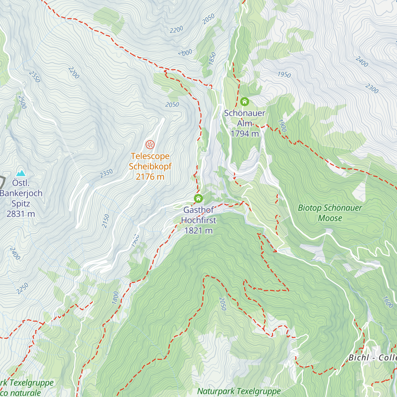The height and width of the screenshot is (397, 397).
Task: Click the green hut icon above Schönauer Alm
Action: coord(244,101)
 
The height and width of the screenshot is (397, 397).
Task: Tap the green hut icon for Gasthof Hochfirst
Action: coord(198,198)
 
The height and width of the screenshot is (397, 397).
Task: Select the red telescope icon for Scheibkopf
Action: coord(150,145)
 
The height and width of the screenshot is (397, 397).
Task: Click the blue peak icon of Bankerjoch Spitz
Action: coord(21,173)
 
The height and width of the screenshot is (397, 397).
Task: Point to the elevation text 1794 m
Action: coord(245,134)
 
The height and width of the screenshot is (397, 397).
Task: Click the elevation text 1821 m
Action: coord(198,231)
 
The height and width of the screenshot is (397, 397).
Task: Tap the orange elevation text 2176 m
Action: coord(150,177)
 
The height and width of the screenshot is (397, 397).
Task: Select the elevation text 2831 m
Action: coord(21,214)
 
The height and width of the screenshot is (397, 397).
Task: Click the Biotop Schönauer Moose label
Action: coord(330,213)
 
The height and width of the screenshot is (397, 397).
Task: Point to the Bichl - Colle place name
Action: coord(373,358)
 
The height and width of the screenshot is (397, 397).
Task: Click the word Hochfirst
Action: coord(198,220)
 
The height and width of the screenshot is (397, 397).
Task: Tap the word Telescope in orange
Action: coord(150,156)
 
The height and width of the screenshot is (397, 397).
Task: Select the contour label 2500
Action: coord(22,102)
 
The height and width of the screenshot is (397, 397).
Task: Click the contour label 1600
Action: coord(388,302)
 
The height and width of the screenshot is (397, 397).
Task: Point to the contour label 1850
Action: coord(212,58)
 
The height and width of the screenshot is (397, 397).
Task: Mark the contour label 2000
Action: coord(185,53)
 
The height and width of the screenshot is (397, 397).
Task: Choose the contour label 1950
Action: coord(284,75)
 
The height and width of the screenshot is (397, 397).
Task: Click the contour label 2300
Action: coord(372,88)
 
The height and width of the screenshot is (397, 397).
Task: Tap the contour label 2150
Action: coord(106,221)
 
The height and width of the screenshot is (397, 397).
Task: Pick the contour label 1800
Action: coord(115,298)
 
